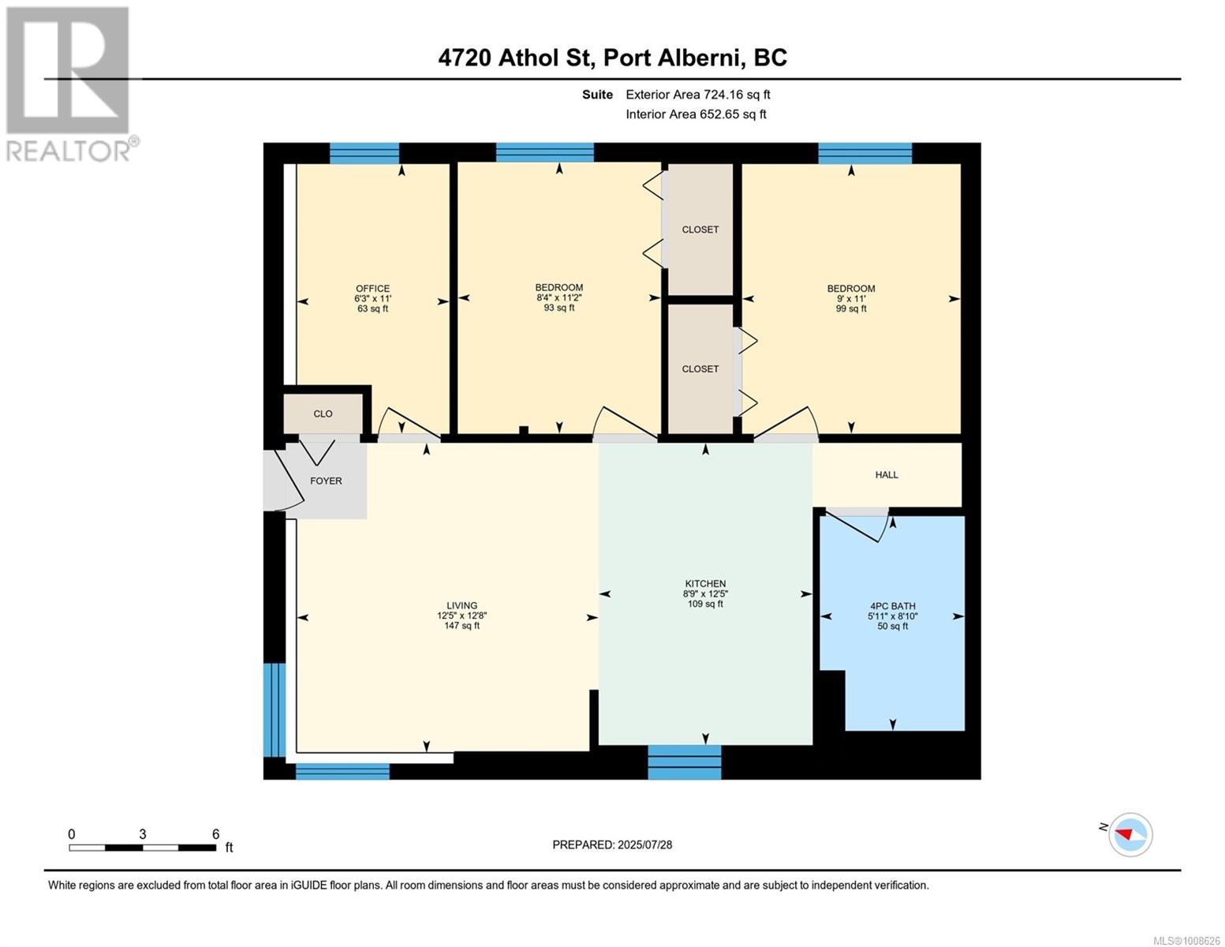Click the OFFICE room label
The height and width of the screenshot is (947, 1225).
(x=372, y=288)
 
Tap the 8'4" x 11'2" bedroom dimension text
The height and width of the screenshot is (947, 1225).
(x=558, y=298)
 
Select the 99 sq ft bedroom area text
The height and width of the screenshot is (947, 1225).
(x=851, y=309)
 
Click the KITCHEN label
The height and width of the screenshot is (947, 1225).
(x=704, y=583)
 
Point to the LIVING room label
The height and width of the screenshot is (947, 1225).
(x=461, y=605)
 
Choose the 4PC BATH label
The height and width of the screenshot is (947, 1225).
(x=892, y=606)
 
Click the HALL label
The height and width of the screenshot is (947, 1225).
(x=887, y=474)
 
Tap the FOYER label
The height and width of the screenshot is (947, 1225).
(x=326, y=481)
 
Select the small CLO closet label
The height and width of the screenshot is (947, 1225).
(x=323, y=414)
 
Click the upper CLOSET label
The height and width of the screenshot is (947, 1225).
(x=700, y=230)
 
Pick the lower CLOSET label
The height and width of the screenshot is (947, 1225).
(x=700, y=369)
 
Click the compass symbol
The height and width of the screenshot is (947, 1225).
(x=1130, y=834)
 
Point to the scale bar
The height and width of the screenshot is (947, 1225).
(x=143, y=848)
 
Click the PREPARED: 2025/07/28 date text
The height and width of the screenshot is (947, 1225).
(x=612, y=844)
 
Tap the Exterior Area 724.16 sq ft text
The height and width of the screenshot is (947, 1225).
(x=697, y=95)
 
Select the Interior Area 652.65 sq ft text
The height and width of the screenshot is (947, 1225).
(x=696, y=114)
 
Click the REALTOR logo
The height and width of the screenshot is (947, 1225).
(x=69, y=83)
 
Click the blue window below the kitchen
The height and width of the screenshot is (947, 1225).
(x=685, y=762)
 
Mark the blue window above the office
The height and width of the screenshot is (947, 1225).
(x=364, y=153)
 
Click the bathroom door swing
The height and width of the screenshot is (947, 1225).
(x=860, y=526)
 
